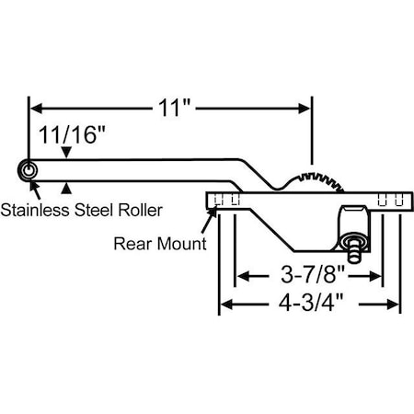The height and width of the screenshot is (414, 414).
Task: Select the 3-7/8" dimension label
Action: tap(309, 274)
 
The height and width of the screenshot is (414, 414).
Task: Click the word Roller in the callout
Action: tap(139, 210)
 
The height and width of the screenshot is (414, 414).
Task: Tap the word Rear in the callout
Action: tap(131, 245)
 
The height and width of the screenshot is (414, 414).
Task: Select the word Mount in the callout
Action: tap(181, 245)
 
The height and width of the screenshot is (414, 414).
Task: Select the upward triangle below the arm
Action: tap(64, 189)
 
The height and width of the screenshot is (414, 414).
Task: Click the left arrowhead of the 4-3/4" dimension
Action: tap(226, 304)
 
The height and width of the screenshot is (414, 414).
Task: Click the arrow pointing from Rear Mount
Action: tap(213, 214)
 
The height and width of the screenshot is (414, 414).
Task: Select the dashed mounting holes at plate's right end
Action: tap(390, 200)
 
